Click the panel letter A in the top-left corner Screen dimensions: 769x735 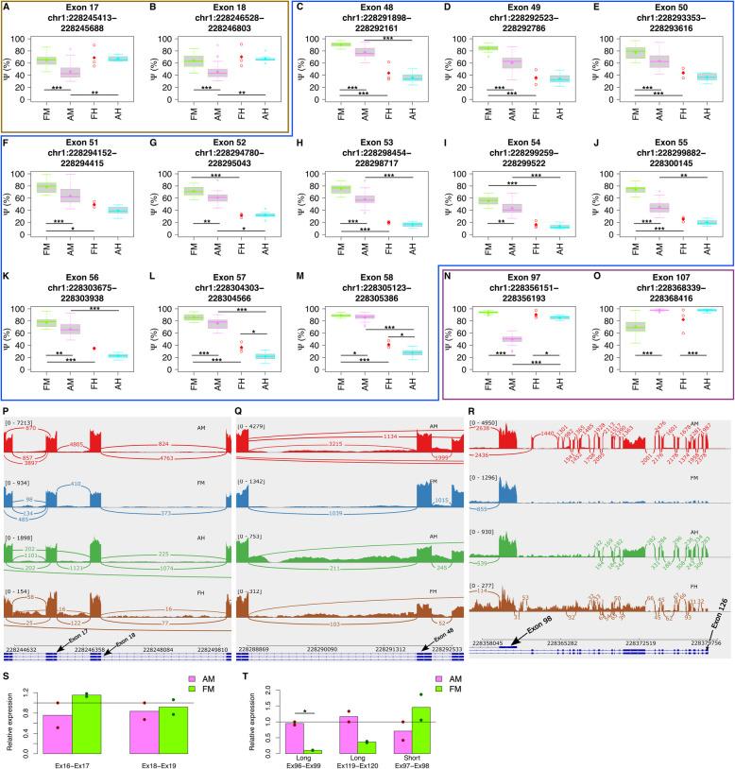9,9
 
